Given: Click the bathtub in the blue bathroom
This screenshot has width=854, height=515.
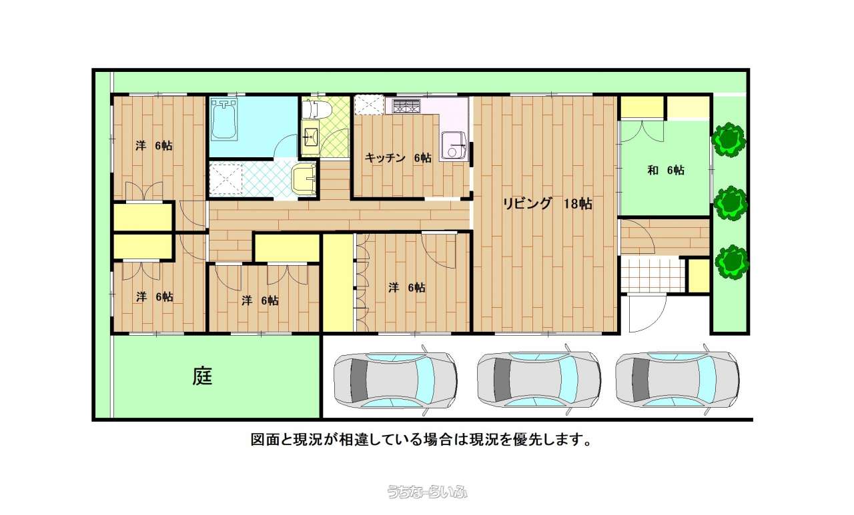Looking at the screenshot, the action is point(224,119).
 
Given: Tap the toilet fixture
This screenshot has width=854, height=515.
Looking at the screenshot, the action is point(316,109).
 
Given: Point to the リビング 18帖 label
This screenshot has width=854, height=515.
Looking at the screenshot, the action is point(548,204).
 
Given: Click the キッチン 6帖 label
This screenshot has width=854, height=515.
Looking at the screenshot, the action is point(398,158).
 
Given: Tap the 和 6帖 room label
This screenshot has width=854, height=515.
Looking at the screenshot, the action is point(666,170).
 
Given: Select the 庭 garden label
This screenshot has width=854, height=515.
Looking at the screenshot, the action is point(202,376).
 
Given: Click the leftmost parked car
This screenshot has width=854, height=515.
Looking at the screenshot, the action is point(396,380).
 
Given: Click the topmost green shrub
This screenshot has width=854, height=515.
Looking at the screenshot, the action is point(729,139).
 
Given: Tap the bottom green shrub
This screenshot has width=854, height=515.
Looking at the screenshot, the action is point(732,262).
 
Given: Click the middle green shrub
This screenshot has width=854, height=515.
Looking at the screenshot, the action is point(731,203).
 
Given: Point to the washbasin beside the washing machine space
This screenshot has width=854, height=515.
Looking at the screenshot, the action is point(304,178).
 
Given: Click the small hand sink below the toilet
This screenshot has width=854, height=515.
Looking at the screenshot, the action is point(310,137).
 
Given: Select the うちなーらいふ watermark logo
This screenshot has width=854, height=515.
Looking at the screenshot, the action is point(427,492).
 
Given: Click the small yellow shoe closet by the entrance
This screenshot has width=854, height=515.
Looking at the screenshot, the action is point(699,276).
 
